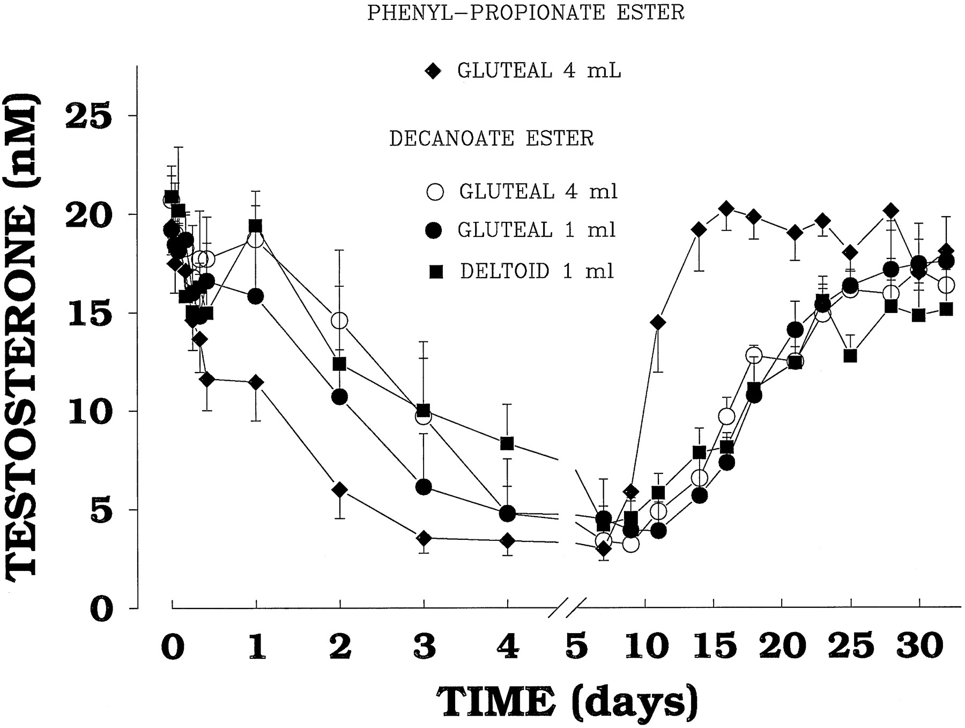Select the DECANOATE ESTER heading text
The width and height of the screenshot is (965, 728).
tap(491, 138)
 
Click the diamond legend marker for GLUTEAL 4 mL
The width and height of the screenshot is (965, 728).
tap(433, 71)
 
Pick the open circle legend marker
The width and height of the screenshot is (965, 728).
tap(436, 192)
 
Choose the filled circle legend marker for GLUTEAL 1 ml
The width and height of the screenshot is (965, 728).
tap(434, 231)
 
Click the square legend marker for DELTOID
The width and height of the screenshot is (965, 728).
tap(436, 272)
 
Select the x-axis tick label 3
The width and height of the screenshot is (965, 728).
tap(424, 647)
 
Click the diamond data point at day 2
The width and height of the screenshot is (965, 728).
tap(339, 490)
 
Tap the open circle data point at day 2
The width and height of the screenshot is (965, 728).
tap(339, 321)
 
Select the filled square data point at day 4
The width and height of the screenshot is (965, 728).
tap(507, 443)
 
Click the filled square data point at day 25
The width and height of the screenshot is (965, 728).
tap(850, 355)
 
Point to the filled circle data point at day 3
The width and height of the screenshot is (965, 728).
tap(424, 487)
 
